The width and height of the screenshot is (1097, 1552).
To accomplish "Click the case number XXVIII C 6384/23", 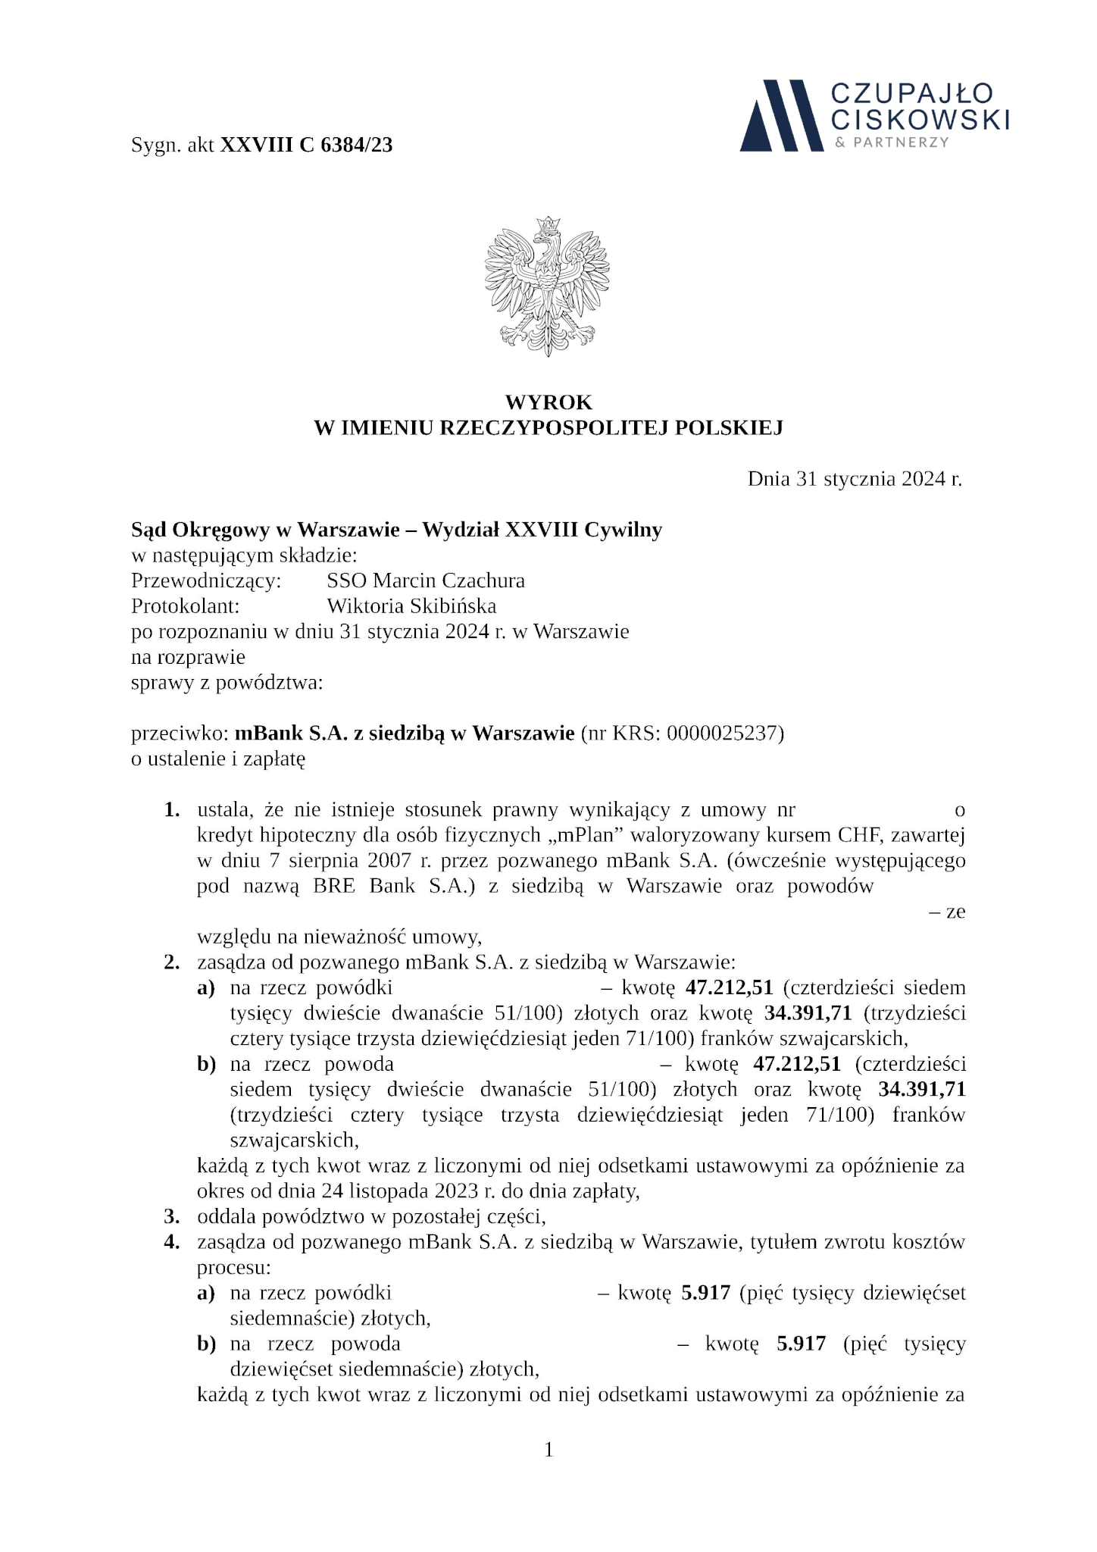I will coord(306,145).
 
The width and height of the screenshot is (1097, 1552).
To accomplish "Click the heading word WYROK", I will coord(548,402).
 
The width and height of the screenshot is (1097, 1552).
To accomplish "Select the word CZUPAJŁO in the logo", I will coord(912,94).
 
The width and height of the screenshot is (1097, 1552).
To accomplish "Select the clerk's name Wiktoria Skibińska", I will coord(411,606).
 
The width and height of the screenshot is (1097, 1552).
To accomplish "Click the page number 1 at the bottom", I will coord(548,1450).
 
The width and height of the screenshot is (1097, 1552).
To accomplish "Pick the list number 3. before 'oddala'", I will coord(172,1217).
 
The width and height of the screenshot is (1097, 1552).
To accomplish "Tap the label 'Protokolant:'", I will coord(186,606).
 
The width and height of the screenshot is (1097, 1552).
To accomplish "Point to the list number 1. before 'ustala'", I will coord(172,810).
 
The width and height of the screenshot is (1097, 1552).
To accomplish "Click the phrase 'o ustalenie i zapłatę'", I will coord(218,759).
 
